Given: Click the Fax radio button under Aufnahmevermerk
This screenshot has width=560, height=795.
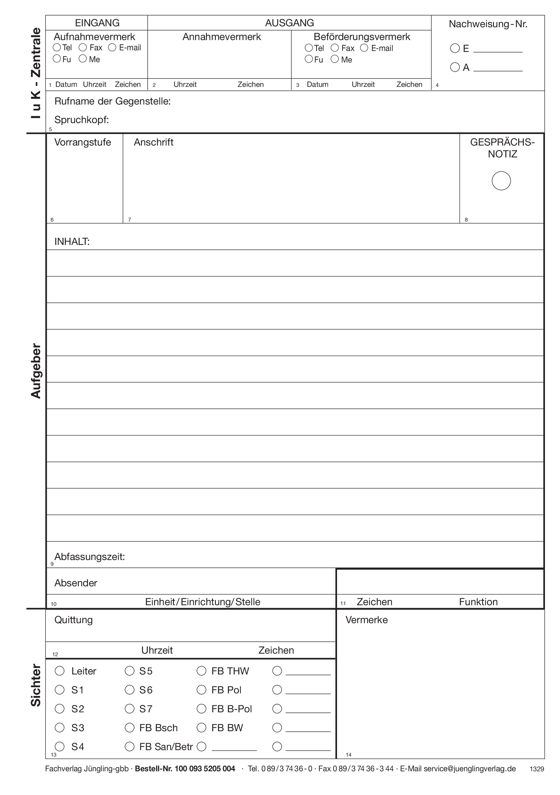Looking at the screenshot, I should coord(83,47).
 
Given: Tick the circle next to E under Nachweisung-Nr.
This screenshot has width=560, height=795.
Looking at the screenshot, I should coord(455,48).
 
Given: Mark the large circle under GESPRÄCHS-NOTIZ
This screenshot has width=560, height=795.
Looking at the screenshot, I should coord(501,181).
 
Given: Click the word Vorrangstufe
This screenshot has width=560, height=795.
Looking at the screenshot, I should coord(82,142).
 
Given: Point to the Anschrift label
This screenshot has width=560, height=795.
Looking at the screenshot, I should coord(153,142).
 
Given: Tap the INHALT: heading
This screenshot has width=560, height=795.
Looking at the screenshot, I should coord(72,241).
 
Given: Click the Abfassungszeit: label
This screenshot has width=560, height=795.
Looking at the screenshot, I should coord(89,557).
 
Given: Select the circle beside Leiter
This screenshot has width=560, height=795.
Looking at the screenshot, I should coord(60,671).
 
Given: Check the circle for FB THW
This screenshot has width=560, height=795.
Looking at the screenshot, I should coord(202,671).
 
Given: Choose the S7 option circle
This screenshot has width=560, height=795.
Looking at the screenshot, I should coord(129,709).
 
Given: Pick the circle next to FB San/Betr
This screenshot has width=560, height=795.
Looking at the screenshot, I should coord(129,747).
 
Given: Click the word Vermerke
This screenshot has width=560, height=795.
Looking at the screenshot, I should coord(366,620).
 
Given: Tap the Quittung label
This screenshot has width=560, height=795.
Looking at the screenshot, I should coord(73,620).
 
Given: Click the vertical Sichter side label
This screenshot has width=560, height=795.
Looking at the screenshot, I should coord(36,686).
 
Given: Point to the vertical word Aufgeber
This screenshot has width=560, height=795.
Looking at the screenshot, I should coord(36,371).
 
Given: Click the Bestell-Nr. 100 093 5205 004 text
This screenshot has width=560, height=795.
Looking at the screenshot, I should coord(185,769).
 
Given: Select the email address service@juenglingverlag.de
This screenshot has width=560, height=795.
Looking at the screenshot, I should coord(469,769).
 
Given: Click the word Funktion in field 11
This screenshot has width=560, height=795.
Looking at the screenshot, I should coord(478,602).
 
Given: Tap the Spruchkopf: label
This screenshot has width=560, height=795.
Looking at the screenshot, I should coord(81,120).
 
